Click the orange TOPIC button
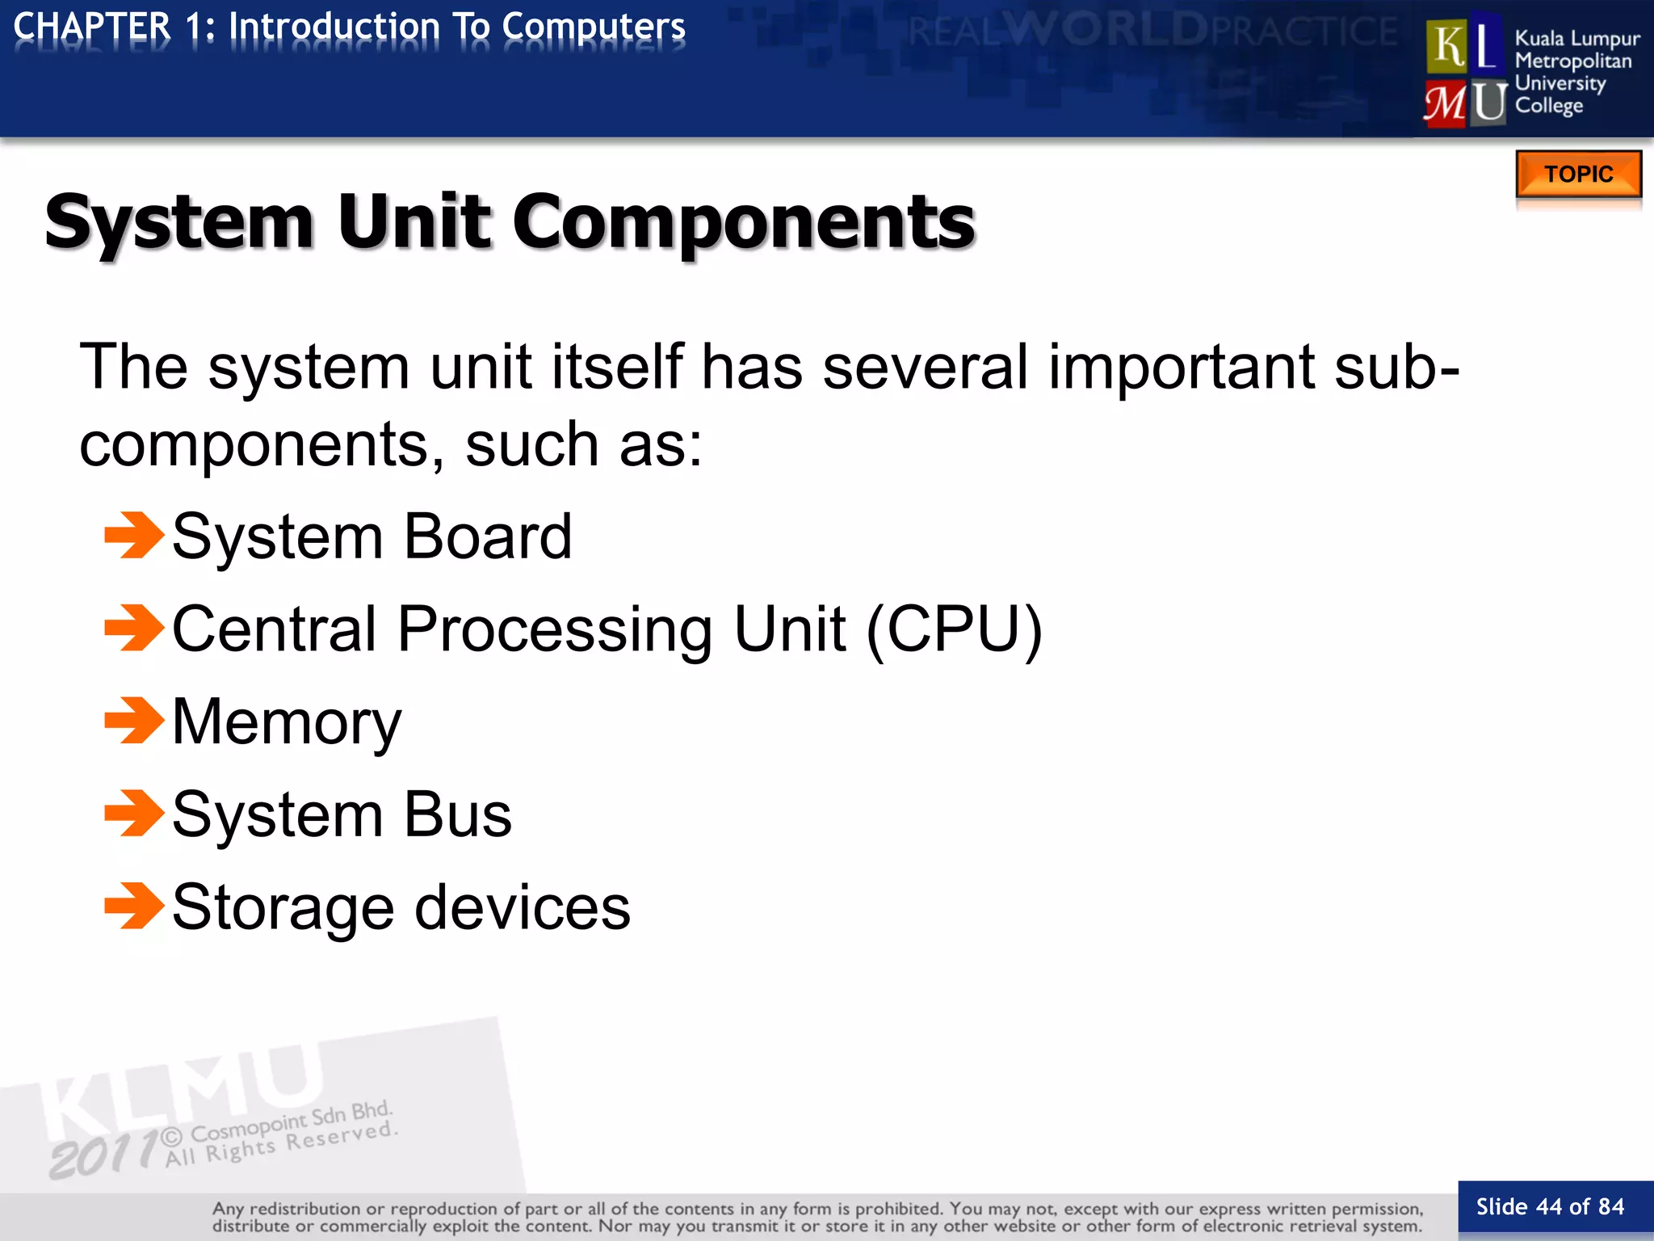click(x=1578, y=174)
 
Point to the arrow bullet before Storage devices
click(x=134, y=906)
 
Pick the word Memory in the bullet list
click(x=287, y=721)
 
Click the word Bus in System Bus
click(x=458, y=814)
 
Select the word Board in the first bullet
click(x=488, y=536)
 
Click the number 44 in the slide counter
click(x=1549, y=1207)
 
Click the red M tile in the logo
click(x=1445, y=103)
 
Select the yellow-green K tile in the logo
click(x=1448, y=45)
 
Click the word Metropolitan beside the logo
click(x=1572, y=61)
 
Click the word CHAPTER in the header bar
click(x=92, y=27)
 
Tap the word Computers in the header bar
click(x=594, y=27)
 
